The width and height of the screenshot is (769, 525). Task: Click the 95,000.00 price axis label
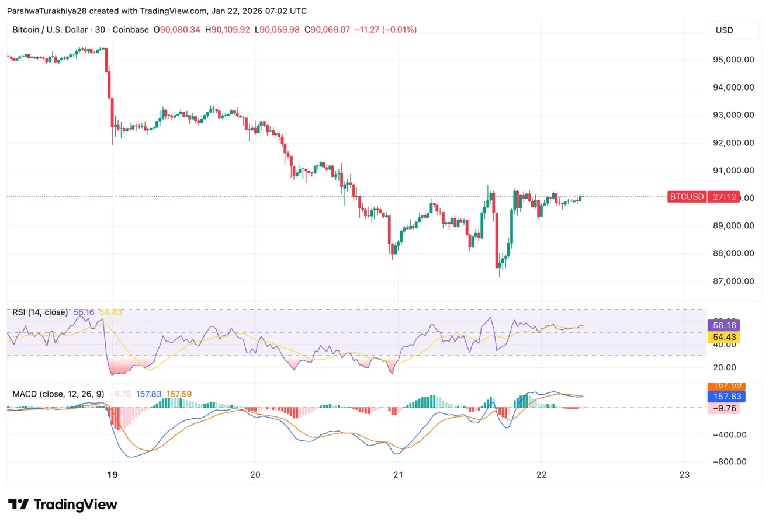[x=733, y=60]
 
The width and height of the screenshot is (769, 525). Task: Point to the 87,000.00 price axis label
[x=733, y=281]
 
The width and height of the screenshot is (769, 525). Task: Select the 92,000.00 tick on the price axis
[x=733, y=142]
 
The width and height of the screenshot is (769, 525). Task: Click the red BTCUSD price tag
[x=687, y=197]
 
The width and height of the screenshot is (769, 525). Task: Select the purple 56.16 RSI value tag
[x=723, y=325]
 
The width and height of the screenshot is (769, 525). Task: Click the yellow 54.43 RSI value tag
[x=723, y=337]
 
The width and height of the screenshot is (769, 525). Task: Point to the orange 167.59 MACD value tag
[x=723, y=385]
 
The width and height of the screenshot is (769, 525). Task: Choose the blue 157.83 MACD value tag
[x=723, y=397]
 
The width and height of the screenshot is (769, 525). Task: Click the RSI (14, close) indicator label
[x=40, y=312]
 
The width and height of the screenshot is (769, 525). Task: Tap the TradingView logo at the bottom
[x=63, y=505]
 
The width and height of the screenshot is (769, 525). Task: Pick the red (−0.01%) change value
[x=399, y=30]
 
